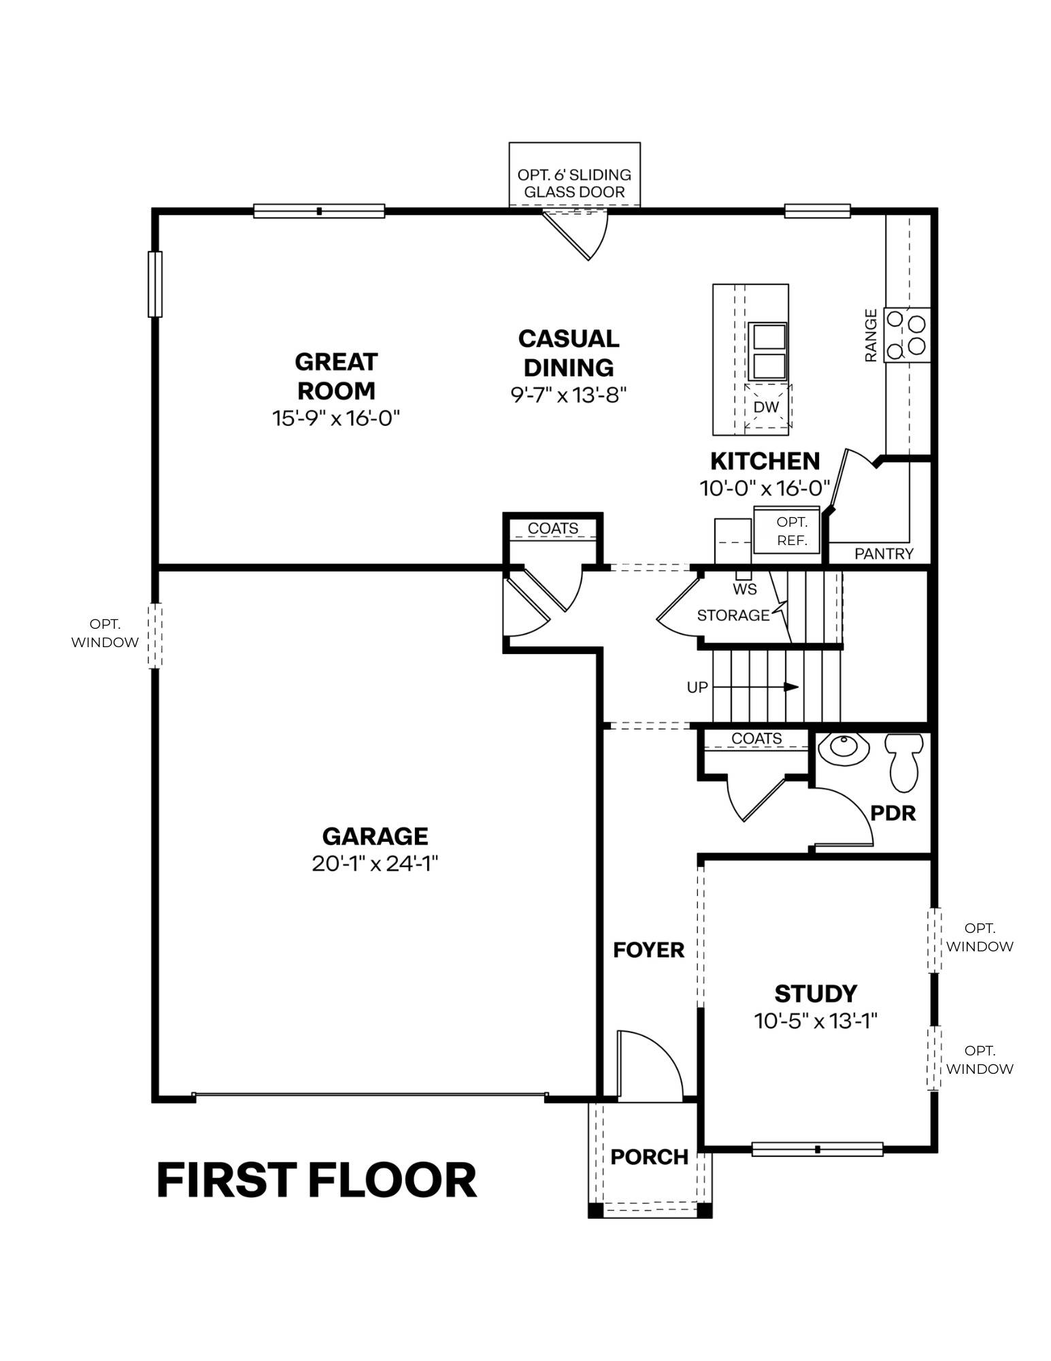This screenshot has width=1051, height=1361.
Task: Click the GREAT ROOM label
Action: point(336,376)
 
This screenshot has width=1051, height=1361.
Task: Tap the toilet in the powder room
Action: point(904,763)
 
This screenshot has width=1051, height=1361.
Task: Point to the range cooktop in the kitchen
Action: point(907,335)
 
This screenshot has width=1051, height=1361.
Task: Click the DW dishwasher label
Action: point(767,407)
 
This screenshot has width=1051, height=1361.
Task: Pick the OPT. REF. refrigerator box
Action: point(788,531)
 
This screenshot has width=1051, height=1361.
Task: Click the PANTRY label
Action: point(884,554)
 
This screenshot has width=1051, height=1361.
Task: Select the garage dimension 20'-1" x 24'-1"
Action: point(375,864)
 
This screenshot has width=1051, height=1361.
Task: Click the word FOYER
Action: point(648,950)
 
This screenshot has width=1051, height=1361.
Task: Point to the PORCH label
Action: point(650,1157)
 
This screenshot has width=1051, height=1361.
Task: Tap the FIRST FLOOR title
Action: point(317,1181)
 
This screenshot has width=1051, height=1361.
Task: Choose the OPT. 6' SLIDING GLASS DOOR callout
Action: point(574,184)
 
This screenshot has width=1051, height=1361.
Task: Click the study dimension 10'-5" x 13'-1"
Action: point(816,1021)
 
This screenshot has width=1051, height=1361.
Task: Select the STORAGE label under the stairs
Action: point(733,615)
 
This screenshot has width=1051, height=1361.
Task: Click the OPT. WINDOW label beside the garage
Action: point(105,633)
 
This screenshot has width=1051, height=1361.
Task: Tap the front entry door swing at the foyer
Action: point(649,1065)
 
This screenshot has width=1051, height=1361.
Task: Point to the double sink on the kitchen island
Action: point(767,352)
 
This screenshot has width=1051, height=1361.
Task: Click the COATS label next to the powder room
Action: point(756,738)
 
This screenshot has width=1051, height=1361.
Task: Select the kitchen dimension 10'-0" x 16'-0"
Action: point(765,488)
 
